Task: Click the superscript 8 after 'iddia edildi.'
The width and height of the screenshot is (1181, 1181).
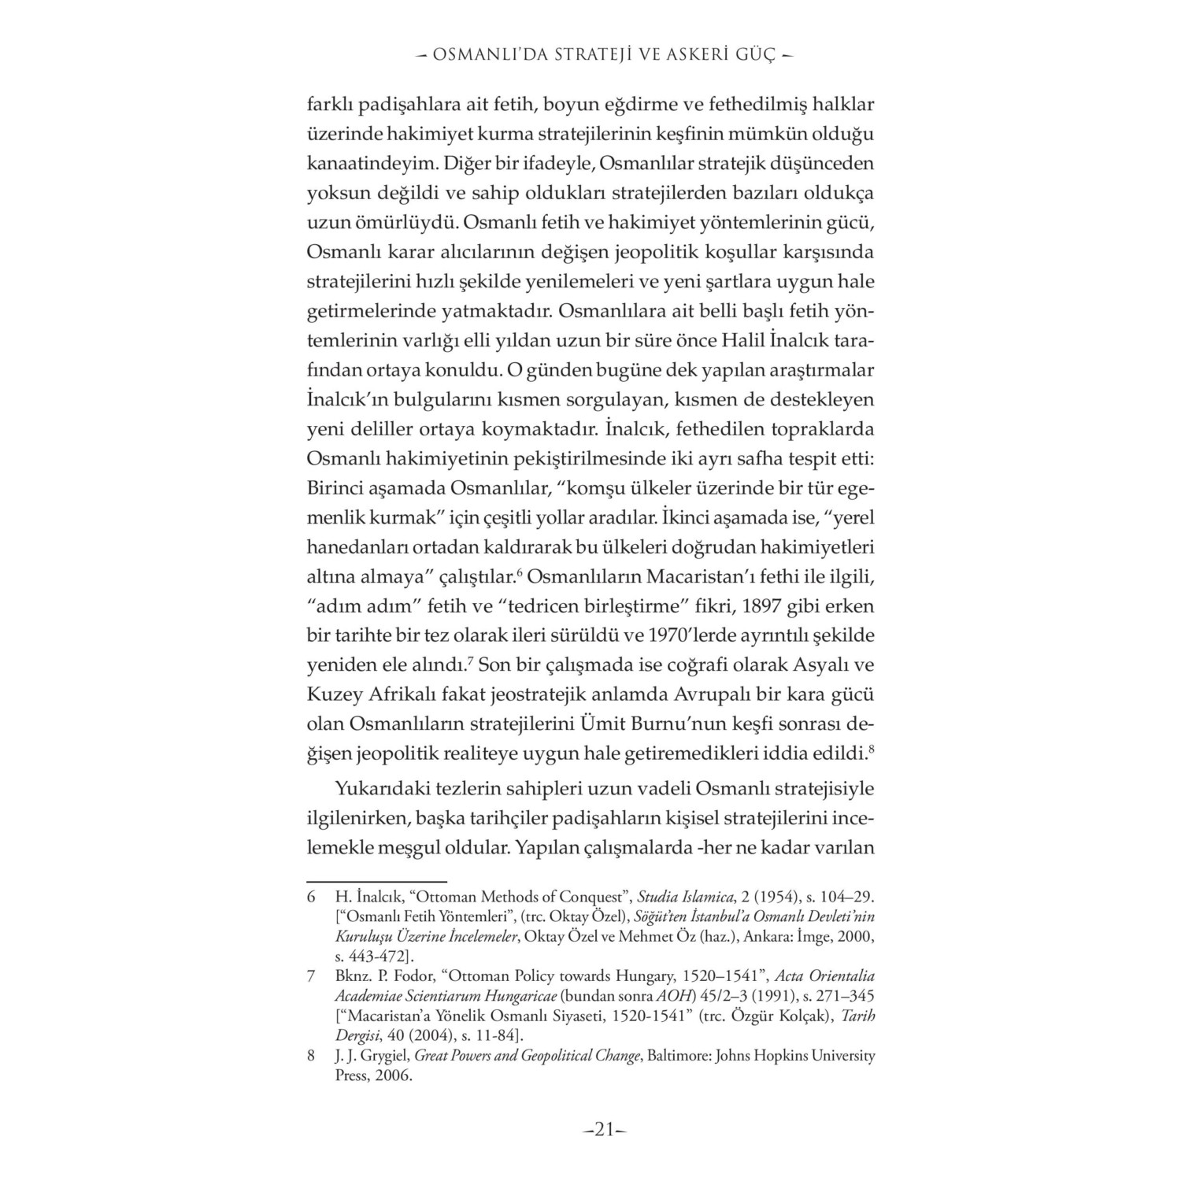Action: (872, 747)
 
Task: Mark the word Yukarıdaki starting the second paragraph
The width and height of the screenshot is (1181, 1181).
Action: (384, 787)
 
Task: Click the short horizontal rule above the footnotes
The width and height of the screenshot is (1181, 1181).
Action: (376, 882)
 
